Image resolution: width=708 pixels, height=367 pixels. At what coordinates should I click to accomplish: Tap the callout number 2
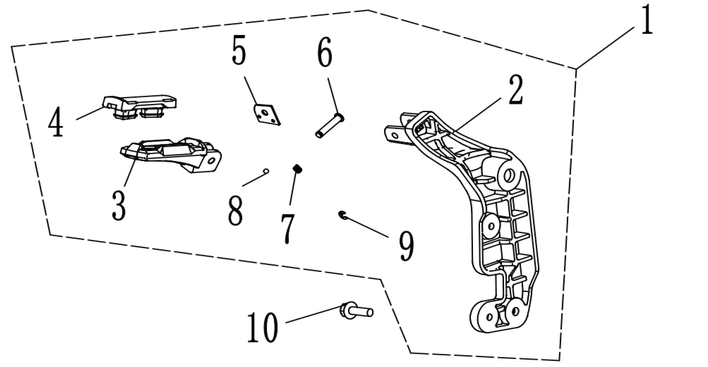pyautogui.click(x=516, y=90)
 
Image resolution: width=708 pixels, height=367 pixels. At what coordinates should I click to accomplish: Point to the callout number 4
pyautogui.click(x=56, y=122)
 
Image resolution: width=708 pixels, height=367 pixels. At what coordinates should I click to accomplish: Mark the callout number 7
pyautogui.click(x=288, y=228)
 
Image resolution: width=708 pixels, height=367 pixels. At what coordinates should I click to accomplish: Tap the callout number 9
pyautogui.click(x=406, y=246)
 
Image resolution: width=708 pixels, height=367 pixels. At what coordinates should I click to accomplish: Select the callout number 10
pyautogui.click(x=262, y=328)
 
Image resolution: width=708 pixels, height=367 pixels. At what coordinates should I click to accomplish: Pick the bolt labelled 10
pyautogui.click(x=356, y=312)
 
